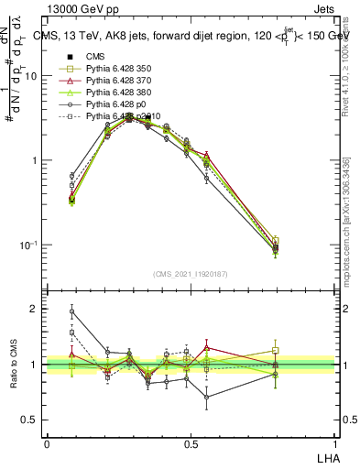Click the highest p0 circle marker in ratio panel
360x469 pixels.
[71, 311]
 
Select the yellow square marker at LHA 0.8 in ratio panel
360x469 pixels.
[276, 351]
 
